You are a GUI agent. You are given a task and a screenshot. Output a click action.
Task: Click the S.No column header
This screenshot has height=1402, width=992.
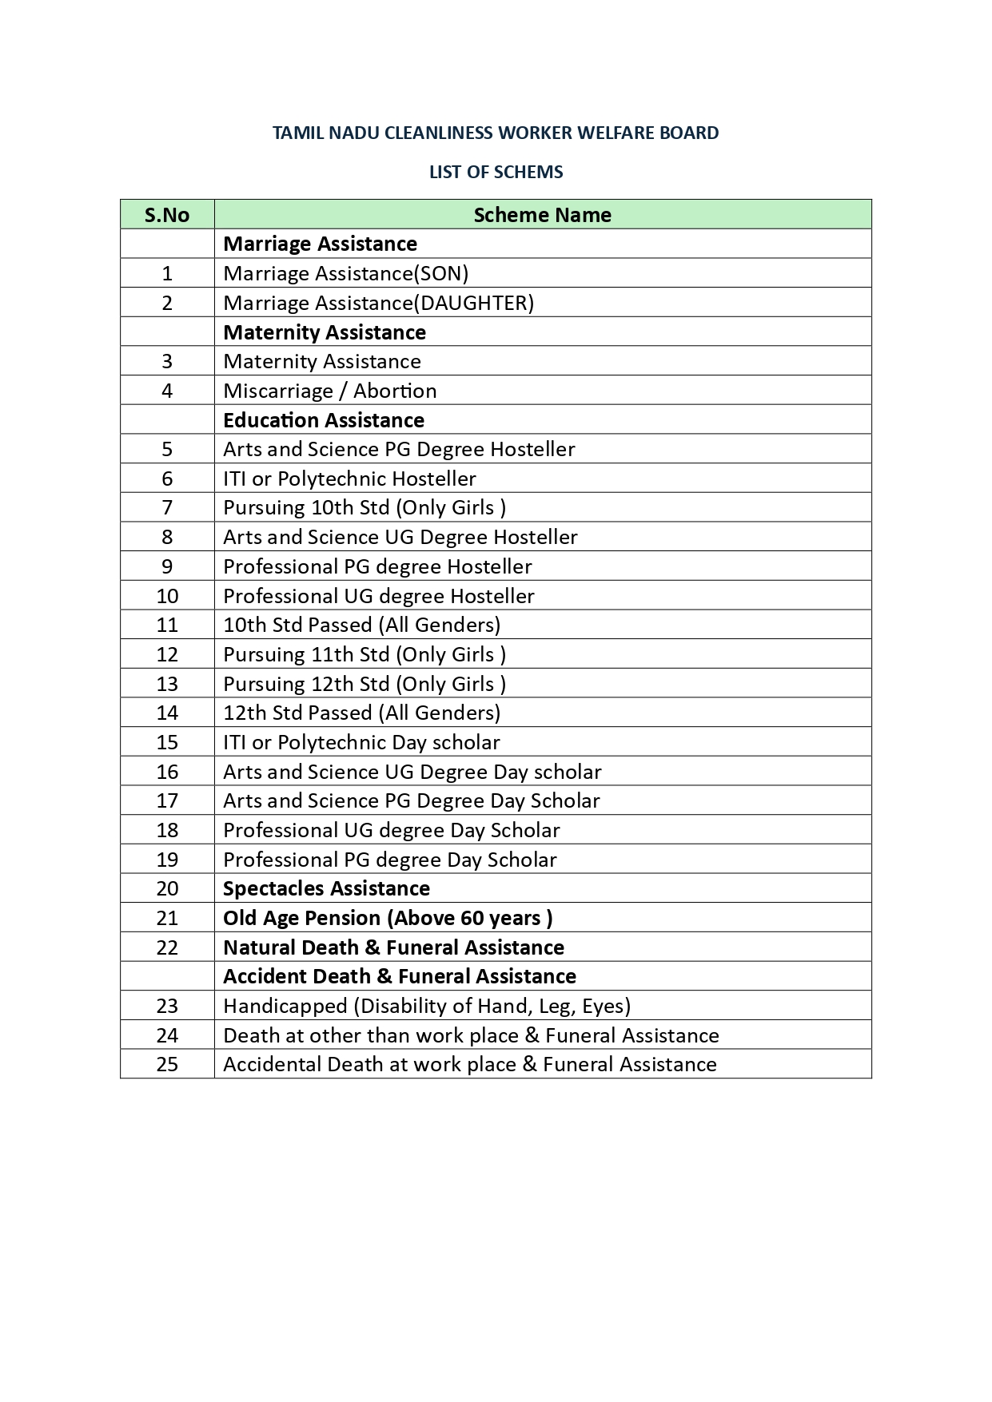(167, 215)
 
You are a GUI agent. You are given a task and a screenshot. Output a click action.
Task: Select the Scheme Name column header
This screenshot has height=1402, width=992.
(542, 215)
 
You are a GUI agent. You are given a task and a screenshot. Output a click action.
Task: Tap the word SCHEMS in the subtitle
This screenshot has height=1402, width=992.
(528, 172)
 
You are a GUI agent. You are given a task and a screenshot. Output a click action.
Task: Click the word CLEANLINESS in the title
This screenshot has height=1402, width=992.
(439, 133)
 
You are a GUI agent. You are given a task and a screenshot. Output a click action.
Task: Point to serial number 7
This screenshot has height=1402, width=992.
(167, 508)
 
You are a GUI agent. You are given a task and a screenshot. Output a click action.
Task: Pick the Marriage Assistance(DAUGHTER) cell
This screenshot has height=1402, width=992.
(378, 303)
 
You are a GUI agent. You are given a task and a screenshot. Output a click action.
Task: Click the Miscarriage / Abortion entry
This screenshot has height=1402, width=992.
(329, 391)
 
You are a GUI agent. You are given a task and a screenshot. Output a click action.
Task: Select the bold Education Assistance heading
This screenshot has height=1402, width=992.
(324, 420)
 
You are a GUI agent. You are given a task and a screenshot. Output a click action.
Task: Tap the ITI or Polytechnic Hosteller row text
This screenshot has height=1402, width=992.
(349, 479)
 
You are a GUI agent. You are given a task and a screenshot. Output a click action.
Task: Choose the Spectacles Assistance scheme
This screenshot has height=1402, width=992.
(326, 888)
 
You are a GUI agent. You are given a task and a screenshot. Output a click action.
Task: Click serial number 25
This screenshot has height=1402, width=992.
(167, 1064)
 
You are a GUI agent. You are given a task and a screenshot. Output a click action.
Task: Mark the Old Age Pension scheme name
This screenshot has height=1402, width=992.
(388, 918)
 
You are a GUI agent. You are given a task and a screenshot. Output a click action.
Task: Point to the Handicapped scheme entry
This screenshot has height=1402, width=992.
(427, 1006)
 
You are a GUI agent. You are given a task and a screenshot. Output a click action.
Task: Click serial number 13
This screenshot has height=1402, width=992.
(167, 684)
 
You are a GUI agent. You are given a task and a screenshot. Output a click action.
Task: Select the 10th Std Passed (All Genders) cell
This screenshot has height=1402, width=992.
(361, 625)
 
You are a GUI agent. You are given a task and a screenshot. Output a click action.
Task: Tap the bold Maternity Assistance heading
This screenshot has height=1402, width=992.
(325, 332)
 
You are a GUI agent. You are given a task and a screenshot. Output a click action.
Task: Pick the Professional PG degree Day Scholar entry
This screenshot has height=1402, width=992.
(389, 860)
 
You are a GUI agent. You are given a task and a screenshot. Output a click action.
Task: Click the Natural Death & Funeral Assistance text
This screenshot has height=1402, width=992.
(393, 947)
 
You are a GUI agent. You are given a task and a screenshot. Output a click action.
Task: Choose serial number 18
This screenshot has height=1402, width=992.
(167, 830)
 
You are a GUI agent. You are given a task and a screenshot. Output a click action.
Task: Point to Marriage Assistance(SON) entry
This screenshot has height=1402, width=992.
(345, 273)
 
